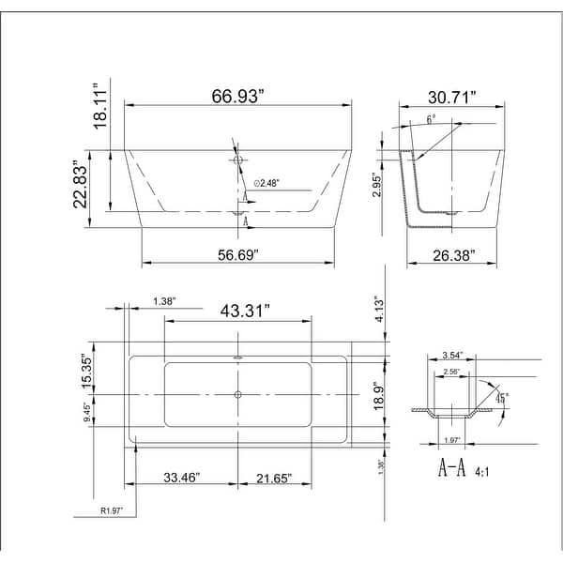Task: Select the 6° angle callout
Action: [430, 120]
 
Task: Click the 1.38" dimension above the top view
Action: [164, 301]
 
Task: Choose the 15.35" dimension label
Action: [87, 372]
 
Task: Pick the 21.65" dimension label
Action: [272, 479]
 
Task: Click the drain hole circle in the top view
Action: [237, 394]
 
